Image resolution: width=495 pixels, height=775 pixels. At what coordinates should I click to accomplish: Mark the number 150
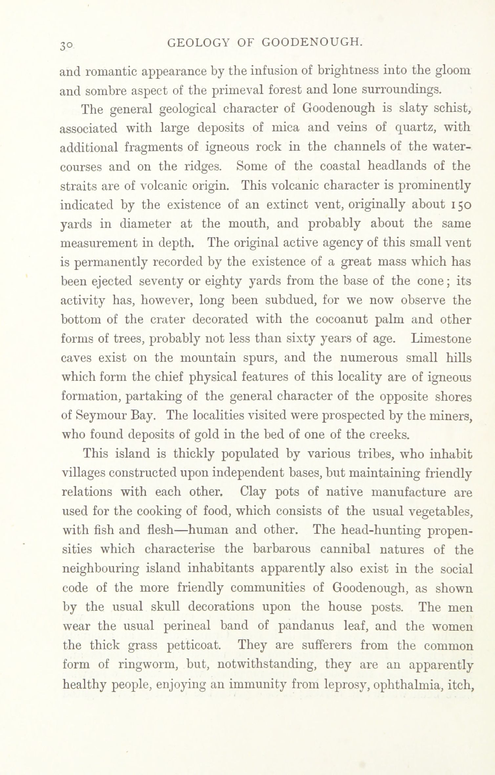click(461, 205)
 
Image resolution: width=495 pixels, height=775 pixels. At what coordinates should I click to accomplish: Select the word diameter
click(145, 224)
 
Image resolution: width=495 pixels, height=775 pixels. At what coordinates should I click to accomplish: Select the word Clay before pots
click(253, 492)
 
